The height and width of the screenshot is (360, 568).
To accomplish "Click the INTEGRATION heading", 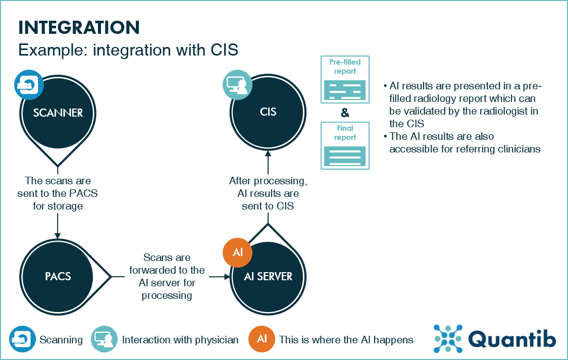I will [79, 27].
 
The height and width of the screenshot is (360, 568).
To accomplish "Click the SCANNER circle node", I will [58, 113].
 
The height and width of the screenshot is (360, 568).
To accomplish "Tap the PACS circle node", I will [58, 276].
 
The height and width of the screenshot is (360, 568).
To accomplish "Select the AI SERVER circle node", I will [268, 276].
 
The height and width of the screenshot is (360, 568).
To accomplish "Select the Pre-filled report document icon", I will [345, 79].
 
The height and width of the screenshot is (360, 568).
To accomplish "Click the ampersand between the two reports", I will [345, 113].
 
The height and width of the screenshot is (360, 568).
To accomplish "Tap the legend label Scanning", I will [61, 340].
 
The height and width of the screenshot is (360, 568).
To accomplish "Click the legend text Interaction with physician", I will [180, 340].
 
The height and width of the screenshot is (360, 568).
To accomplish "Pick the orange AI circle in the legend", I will [262, 339].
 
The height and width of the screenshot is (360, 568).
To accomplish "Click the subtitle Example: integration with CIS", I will [128, 50].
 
